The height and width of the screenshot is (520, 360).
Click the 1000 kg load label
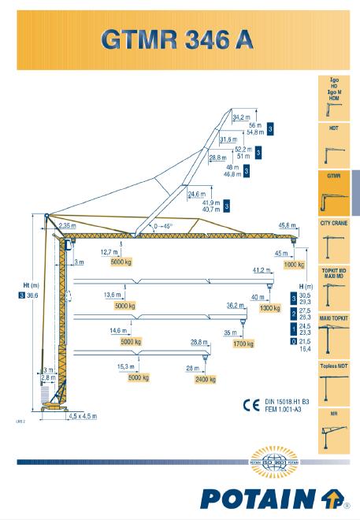[293, 266]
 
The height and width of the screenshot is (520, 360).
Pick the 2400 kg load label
[206, 379]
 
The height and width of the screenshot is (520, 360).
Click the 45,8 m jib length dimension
[288, 226]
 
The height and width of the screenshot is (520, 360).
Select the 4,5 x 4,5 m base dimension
[82, 416]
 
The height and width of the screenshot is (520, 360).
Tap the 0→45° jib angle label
[165, 226]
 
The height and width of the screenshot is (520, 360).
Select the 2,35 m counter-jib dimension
[68, 225]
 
